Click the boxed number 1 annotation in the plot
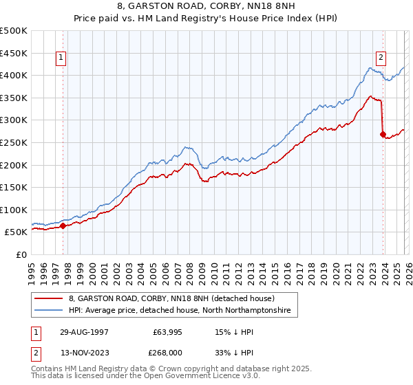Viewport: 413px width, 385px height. click(62, 58)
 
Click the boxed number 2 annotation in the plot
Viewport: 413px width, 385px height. click(381, 58)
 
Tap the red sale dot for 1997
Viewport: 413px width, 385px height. click(63, 225)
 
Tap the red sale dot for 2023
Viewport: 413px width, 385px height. click(383, 135)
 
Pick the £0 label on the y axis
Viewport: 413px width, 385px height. click(22, 254)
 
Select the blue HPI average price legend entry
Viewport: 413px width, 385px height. click(179, 311)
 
